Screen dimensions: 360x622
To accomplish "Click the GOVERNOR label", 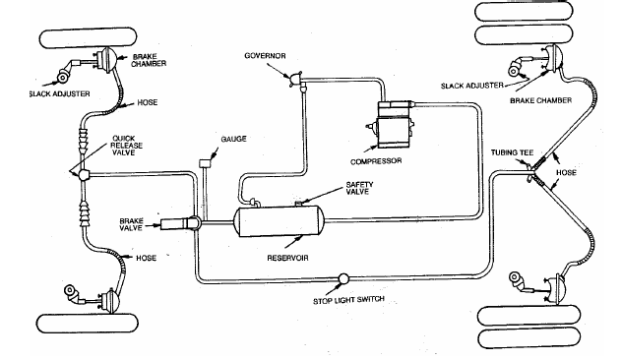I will point(265,56).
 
